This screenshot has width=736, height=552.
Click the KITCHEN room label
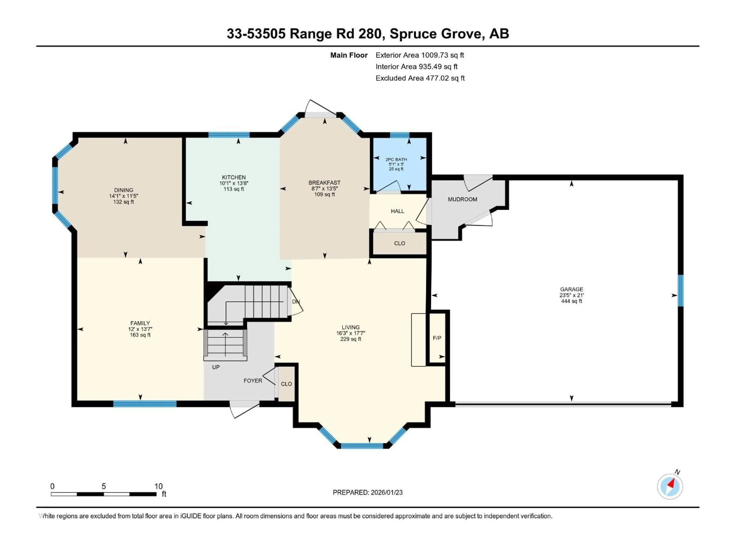234,177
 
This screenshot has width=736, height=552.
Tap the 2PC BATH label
396,159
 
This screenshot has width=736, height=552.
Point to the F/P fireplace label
437,338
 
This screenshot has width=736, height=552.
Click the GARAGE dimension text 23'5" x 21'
571,295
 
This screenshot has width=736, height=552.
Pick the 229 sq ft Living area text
351,339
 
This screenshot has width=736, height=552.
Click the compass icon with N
670,486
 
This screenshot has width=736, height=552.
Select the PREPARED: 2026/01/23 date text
367,492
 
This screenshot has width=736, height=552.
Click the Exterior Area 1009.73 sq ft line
420,55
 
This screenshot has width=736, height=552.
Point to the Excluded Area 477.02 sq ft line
420,78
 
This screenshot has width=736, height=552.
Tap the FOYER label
253,381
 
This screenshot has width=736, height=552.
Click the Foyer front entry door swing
245,410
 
